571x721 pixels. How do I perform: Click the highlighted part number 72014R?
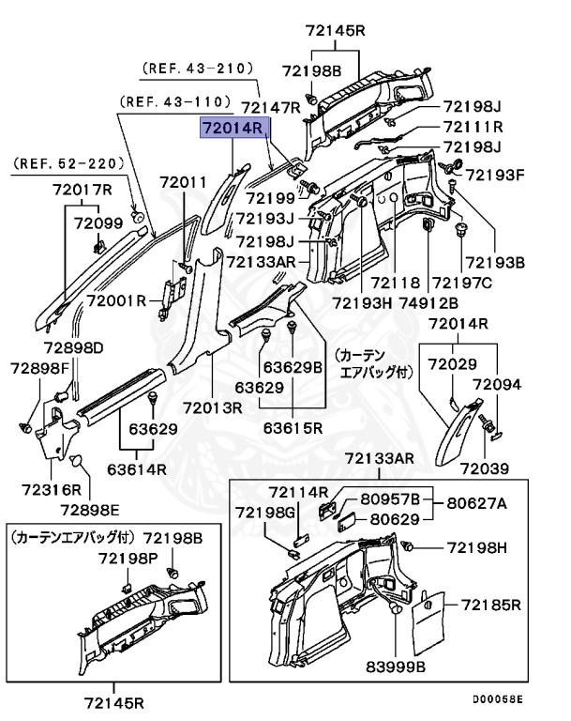(x=233, y=129)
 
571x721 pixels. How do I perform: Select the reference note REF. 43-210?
(x=198, y=69)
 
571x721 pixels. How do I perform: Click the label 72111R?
(x=473, y=127)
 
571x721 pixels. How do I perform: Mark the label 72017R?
(x=82, y=191)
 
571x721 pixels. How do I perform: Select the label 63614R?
(x=136, y=469)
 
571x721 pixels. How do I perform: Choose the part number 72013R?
(x=212, y=407)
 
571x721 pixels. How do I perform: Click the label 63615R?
(x=293, y=427)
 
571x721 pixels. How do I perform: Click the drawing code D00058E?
(x=497, y=699)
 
